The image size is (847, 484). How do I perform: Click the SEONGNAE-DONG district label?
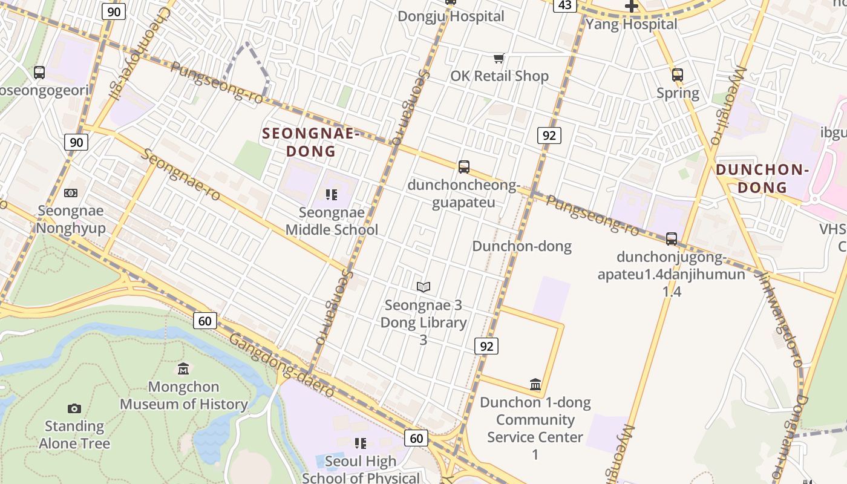tap(310, 142)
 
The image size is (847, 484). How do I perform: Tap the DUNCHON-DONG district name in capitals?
tap(762, 178)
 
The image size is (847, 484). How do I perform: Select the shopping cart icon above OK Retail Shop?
tap(499, 59)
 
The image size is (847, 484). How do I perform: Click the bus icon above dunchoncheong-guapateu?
tap(464, 167)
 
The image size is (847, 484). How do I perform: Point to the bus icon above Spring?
tap(678, 75)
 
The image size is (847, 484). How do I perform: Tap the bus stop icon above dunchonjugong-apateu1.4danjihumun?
tap(672, 239)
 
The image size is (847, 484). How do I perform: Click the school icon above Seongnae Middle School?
tap(331, 195)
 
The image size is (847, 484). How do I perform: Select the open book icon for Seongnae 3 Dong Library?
tap(423, 287)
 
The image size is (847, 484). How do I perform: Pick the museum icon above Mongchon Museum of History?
tap(183, 369)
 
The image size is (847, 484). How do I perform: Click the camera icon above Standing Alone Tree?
tap(74, 408)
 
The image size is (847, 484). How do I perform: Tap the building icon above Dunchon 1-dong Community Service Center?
tap(535, 384)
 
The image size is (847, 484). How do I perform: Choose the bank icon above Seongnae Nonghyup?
tap(71, 193)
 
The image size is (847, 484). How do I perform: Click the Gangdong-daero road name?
tap(281, 366)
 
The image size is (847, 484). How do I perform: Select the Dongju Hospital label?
tap(451, 16)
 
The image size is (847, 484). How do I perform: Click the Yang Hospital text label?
tap(631, 24)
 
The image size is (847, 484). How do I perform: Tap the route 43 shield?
tap(564, 5)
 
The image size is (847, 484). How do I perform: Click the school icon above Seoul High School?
tap(361, 443)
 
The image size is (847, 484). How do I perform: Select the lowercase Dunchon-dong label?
tap(522, 246)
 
